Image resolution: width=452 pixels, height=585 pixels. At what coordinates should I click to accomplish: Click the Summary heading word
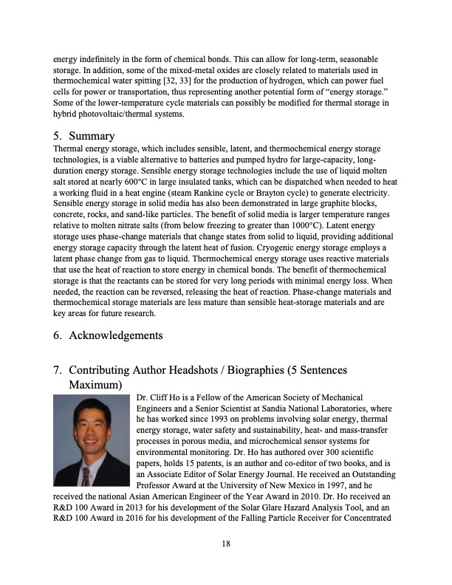(92, 136)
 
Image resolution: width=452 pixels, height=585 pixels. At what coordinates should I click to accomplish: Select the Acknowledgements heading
(115, 335)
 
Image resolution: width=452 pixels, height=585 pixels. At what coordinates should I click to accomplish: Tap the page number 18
(226, 544)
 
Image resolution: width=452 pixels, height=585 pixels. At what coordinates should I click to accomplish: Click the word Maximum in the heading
(95, 385)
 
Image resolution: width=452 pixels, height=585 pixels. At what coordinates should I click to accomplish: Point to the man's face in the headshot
(91, 428)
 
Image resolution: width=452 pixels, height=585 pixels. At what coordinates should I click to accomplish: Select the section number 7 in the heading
(57, 369)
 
